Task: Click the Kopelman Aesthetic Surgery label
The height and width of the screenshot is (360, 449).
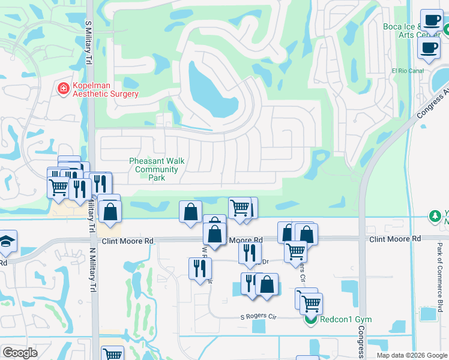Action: [x=106, y=90]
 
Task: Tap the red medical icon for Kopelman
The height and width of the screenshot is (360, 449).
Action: [x=62, y=89]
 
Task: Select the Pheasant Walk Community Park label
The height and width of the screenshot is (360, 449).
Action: [x=157, y=170]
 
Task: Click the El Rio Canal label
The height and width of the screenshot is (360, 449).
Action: [x=408, y=71]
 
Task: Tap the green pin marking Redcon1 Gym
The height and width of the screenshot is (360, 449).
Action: [x=311, y=319]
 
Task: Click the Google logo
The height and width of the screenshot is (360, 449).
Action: [x=20, y=353]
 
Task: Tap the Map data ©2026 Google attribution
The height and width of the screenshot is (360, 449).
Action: [x=411, y=355]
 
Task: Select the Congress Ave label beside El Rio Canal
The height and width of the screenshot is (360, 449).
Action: [x=431, y=96]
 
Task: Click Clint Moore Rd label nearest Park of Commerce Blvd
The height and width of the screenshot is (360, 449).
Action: [x=394, y=239]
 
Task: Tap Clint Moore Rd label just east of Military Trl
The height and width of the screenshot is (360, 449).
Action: [x=128, y=241]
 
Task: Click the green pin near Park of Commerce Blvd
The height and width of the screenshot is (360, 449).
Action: [x=434, y=215]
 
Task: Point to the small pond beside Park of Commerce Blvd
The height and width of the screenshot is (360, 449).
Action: [x=428, y=314]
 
